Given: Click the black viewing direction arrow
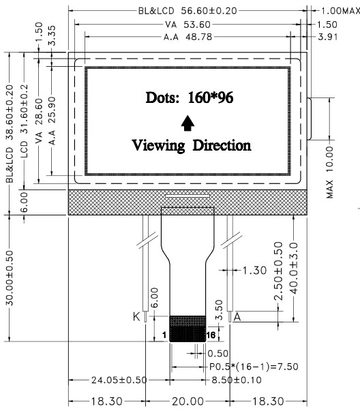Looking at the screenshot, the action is click(x=187, y=123).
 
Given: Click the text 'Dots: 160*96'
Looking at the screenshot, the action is click(x=190, y=97).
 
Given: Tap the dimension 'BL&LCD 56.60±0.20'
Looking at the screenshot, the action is click(x=187, y=11).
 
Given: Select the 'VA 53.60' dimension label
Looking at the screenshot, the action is click(x=187, y=25).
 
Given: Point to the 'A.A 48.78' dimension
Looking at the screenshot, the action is click(x=187, y=37).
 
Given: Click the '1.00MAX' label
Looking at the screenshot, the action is click(x=341, y=11).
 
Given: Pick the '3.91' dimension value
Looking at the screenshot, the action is click(x=327, y=37).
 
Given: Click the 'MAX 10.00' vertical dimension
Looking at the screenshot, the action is click(x=329, y=172).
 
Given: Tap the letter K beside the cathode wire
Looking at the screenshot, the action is click(x=136, y=317).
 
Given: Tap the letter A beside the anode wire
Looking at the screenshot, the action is click(x=237, y=317).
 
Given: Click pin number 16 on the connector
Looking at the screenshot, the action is click(x=211, y=335).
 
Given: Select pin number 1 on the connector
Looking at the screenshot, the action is click(x=164, y=335).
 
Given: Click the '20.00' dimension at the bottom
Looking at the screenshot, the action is click(x=187, y=401).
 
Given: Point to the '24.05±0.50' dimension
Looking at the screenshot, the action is click(x=119, y=380).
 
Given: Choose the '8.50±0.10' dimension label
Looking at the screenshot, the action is click(x=237, y=380).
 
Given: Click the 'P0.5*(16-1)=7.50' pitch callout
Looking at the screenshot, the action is click(x=254, y=367).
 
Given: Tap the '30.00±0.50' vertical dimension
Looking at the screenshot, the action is click(x=10, y=278).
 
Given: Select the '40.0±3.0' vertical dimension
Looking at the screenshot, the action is click(x=294, y=268).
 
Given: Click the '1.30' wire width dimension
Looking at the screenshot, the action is click(x=254, y=270).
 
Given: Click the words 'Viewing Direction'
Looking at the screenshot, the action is click(x=192, y=145).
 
